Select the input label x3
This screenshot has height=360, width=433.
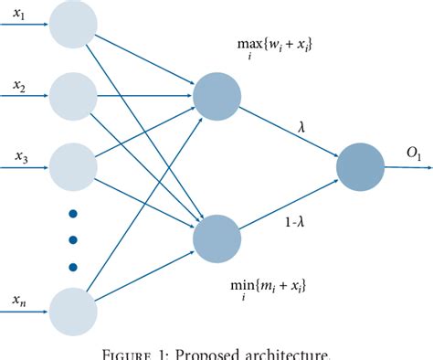pyautogui.click(x=20, y=157)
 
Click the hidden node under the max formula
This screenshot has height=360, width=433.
pyautogui.click(x=217, y=94)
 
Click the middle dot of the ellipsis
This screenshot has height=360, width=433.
pyautogui.click(x=72, y=240)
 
